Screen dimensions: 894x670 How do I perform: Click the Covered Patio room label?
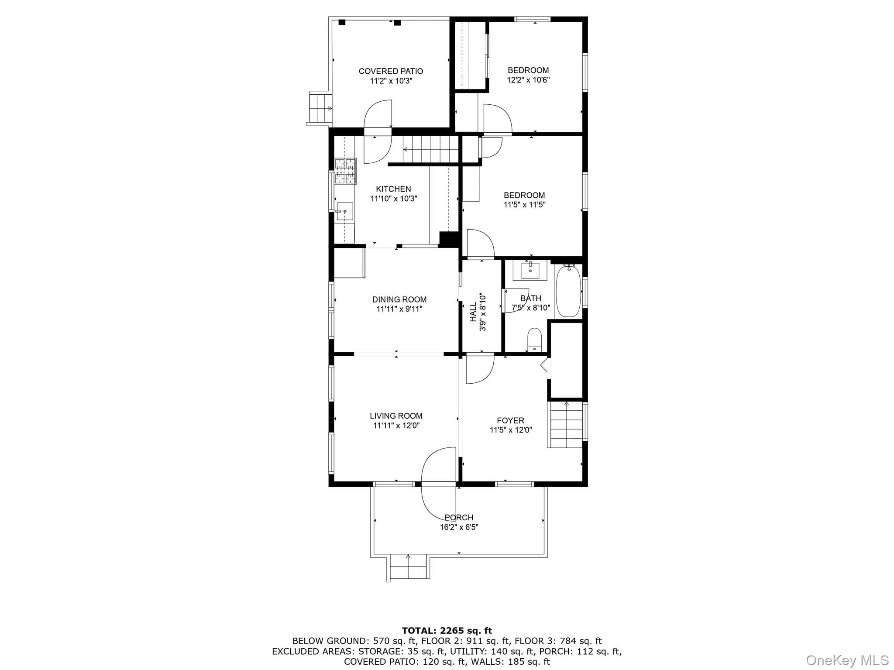[x=391, y=71]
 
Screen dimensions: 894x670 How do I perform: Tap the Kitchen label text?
[x=393, y=189]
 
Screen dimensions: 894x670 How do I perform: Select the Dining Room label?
[x=399, y=299]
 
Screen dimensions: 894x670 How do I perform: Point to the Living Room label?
[x=396, y=416]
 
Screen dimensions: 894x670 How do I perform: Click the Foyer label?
[x=510, y=421]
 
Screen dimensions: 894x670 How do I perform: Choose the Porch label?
[x=459, y=518]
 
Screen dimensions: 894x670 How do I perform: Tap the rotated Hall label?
[x=474, y=312]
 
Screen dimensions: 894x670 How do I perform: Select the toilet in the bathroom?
[x=535, y=340]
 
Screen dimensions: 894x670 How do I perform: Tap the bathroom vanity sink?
[x=530, y=271]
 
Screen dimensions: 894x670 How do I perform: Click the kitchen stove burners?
[x=345, y=171]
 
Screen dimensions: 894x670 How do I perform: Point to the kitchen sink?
[x=344, y=211]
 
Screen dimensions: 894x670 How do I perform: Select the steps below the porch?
[x=408, y=567]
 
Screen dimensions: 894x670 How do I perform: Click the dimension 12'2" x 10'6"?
[x=528, y=80]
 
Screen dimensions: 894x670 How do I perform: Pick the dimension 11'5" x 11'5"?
[x=524, y=205]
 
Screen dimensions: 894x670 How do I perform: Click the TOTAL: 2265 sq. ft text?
[x=447, y=630]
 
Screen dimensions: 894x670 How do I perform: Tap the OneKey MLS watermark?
[x=847, y=660]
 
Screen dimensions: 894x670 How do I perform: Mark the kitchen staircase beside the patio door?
[x=430, y=149]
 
